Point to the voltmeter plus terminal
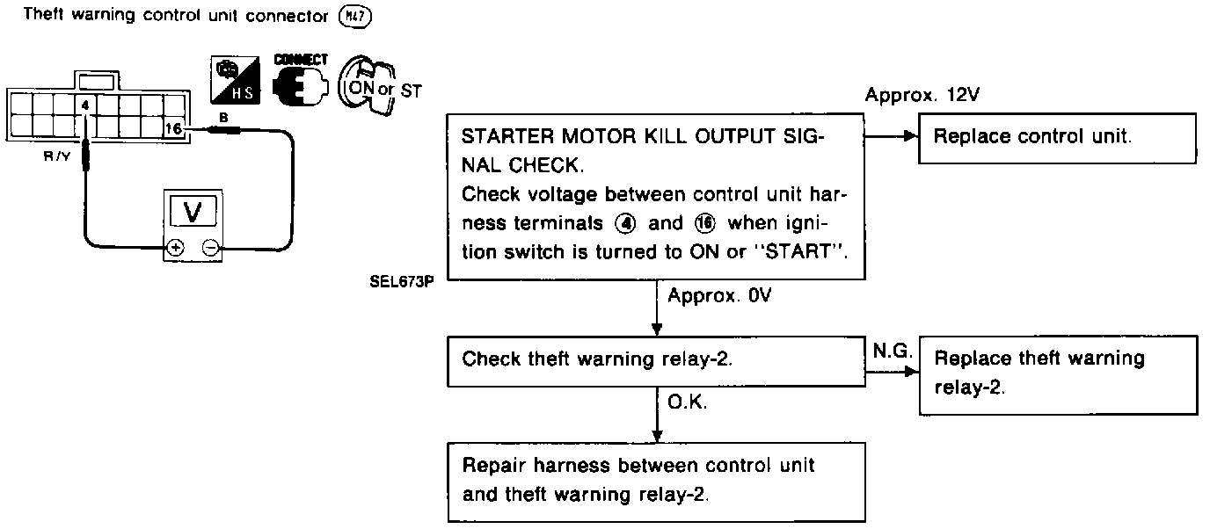(176, 248)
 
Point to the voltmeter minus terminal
(211, 248)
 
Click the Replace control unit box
(1057, 138)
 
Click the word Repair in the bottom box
(492, 465)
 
